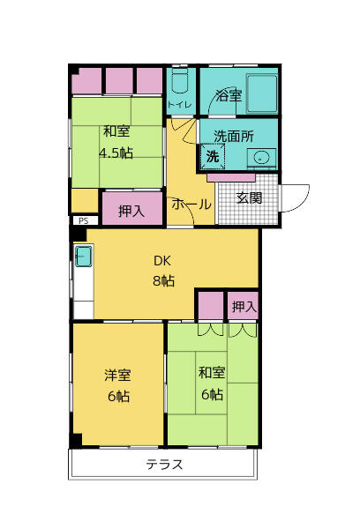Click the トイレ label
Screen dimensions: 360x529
(180, 105)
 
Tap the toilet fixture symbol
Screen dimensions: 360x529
(179, 81)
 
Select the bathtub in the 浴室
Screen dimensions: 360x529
(262, 93)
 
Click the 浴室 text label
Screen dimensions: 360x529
(229, 96)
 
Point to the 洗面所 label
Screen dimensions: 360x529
(234, 137)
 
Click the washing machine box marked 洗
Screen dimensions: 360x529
(213, 156)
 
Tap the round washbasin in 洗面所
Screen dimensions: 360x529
(261, 157)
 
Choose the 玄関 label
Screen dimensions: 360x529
(249, 198)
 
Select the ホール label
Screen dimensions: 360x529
(191, 205)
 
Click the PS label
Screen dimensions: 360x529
(83, 221)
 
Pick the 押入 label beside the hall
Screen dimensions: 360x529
(131, 212)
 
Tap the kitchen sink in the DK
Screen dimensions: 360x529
(83, 257)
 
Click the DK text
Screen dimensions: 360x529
(162, 261)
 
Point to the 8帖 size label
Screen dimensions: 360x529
(164, 280)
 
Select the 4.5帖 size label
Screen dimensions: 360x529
(116, 153)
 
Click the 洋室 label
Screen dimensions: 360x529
(117, 376)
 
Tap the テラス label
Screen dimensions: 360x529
(164, 465)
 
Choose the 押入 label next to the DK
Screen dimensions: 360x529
(244, 307)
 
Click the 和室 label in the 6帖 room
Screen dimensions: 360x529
(212, 373)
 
